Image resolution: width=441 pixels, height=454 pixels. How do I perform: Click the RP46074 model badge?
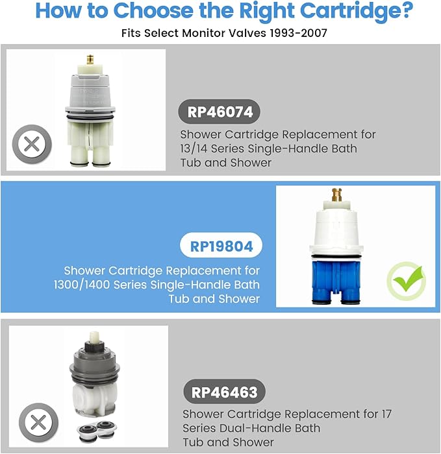point(220,111)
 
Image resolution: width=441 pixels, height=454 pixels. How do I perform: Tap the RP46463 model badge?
point(223,392)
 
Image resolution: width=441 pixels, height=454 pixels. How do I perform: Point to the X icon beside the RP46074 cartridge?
point(31,144)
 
